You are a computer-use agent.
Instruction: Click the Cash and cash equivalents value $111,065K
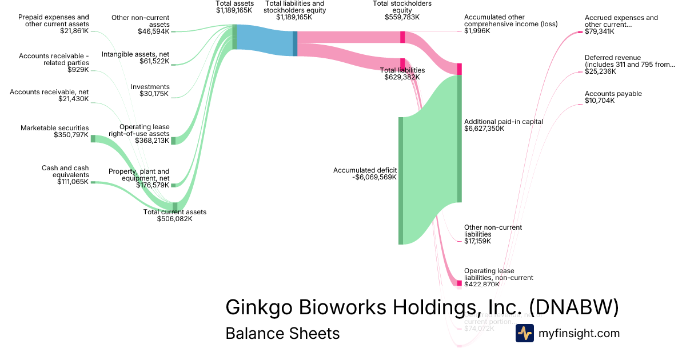(x=73, y=182)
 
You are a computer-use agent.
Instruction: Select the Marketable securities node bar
(x=93, y=138)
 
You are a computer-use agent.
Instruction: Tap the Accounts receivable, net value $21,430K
(x=73, y=99)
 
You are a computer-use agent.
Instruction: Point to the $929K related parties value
(x=78, y=70)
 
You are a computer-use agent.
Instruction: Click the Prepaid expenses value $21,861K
(x=74, y=31)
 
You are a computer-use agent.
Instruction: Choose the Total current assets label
(x=174, y=212)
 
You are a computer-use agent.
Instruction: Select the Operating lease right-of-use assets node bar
(x=174, y=141)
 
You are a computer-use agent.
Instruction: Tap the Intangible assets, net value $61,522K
(x=154, y=61)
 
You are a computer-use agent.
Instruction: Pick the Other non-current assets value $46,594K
(x=153, y=31)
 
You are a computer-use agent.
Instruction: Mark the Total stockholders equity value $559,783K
(x=402, y=17)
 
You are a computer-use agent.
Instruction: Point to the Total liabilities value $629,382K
(x=402, y=77)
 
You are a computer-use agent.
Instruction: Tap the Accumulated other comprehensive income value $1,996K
(x=477, y=31)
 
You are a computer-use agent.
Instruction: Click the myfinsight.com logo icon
(x=525, y=333)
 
